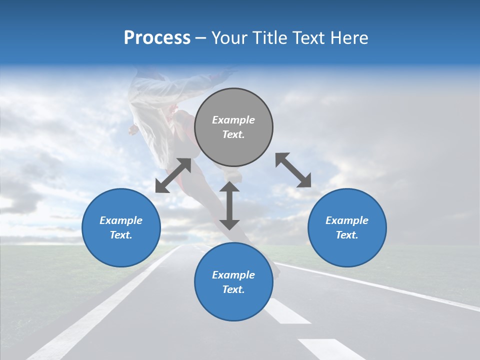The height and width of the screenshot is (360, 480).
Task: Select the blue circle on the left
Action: pos(121,227)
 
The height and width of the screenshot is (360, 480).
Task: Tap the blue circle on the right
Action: pos(347,227)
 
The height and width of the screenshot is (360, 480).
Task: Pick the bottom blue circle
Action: pos(233,281)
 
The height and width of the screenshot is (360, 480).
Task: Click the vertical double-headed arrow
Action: pos(229,205)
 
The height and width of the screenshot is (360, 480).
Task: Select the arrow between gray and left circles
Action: pos(173,175)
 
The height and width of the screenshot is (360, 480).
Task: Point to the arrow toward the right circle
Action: pos(293,170)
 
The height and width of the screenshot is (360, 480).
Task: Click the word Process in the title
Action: pos(157,37)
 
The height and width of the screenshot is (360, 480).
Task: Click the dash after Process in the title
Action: pos(200,38)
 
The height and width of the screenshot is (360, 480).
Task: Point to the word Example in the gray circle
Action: pos(233,120)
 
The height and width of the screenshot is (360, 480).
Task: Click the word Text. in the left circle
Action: pos(121,235)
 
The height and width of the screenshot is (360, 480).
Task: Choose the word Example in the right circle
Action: pos(347,220)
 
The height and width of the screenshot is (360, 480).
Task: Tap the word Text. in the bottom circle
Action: pos(233,289)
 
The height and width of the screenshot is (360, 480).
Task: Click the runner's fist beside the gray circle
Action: pos(133,130)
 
